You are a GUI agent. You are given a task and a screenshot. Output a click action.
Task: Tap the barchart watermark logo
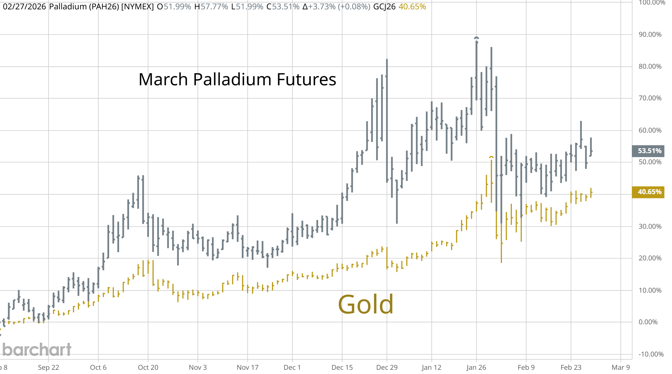[x=36, y=350]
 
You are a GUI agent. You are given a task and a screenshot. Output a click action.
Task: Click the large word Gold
[x=365, y=304]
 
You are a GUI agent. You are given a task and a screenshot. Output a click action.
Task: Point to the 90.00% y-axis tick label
[x=650, y=34]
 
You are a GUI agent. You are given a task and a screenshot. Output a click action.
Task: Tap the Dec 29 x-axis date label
[x=387, y=367]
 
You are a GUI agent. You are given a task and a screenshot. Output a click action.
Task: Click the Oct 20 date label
[x=148, y=367]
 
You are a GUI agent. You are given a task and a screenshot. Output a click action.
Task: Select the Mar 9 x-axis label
[x=620, y=367]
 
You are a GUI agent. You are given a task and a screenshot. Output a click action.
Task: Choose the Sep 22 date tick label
[x=49, y=367]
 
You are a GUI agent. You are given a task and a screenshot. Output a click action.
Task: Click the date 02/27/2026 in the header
[x=24, y=7]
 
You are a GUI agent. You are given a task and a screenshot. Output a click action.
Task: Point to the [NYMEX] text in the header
[x=137, y=7]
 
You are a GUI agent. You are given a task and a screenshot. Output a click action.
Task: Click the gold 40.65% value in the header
[x=412, y=7]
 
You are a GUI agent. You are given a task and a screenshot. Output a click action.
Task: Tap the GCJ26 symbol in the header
[x=384, y=7]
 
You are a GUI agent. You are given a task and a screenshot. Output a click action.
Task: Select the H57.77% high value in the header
[x=211, y=7]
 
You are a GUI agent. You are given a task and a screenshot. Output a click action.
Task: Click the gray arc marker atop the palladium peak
[x=476, y=38]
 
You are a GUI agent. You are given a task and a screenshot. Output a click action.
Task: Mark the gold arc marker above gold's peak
[x=491, y=157]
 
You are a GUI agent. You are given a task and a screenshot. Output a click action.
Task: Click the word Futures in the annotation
[x=306, y=80]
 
